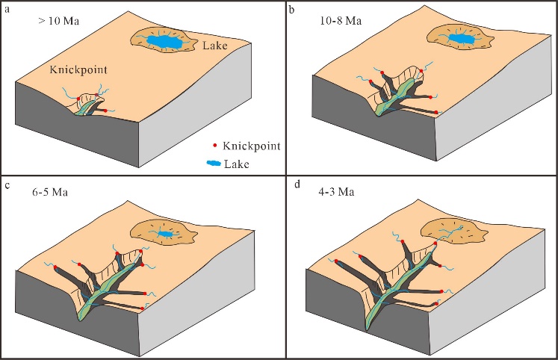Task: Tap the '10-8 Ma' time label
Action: pos(339,23)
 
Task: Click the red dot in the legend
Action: pos(217,146)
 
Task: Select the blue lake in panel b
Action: pos(458,37)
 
